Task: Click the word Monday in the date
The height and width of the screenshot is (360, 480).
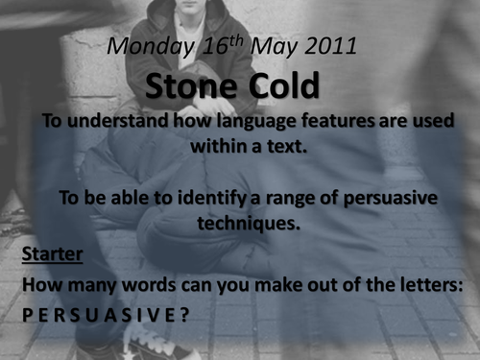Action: [145, 46]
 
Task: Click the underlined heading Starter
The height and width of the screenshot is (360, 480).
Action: [53, 254]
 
